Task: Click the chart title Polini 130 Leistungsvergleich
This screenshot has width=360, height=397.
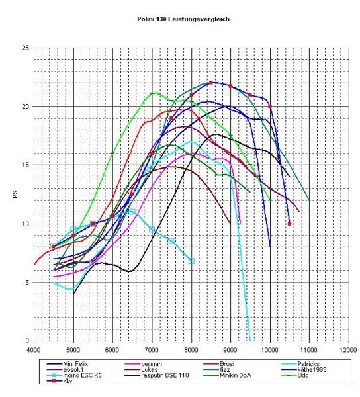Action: (183, 19)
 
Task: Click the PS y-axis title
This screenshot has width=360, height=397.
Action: (15, 194)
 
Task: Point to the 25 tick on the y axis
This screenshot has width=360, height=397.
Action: (26, 48)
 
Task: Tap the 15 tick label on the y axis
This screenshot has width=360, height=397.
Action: (26, 165)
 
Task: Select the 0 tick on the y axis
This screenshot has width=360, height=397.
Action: (28, 341)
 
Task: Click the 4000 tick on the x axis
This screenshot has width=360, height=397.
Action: (34, 350)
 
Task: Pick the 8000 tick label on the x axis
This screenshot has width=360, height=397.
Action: (191, 350)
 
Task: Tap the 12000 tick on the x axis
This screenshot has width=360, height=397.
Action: (348, 350)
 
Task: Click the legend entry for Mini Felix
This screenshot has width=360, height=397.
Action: (67, 364)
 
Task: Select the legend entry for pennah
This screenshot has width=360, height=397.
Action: (144, 364)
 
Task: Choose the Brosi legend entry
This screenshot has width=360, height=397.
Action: (219, 364)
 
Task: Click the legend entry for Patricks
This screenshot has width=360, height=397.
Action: (300, 364)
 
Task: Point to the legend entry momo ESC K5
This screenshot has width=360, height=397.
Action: (74, 375)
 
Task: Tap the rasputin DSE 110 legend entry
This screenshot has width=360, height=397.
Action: (157, 375)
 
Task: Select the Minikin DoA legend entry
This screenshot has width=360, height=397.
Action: (228, 375)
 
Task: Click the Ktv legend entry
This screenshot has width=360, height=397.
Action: (60, 381)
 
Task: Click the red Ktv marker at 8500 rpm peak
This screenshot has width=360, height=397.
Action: (211, 83)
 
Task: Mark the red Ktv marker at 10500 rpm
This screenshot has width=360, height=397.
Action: (289, 224)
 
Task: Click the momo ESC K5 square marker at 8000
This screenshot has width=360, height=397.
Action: (191, 261)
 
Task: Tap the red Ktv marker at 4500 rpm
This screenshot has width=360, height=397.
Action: (53, 247)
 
